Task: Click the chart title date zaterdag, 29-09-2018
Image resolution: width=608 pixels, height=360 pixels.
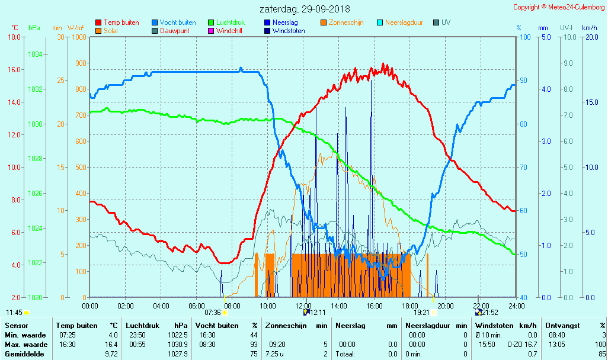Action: pos(305,9)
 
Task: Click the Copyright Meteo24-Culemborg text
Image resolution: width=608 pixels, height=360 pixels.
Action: pos(559,7)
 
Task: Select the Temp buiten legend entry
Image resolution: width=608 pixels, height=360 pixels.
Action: pos(121,22)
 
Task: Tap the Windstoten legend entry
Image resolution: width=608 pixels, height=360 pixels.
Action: pos(289,31)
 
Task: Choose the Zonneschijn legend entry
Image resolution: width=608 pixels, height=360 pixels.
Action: pos(345,22)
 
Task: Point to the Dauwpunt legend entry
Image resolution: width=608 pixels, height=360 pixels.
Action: pos(174,31)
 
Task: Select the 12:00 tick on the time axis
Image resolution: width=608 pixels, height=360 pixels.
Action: pos(303,306)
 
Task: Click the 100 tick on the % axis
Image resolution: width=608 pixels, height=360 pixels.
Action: pos(524,37)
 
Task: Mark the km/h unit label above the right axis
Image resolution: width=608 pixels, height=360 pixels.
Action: pos(589,28)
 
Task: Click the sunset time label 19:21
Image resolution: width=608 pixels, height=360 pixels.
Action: pos(421,313)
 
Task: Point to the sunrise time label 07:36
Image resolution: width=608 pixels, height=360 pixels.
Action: pos(213,313)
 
